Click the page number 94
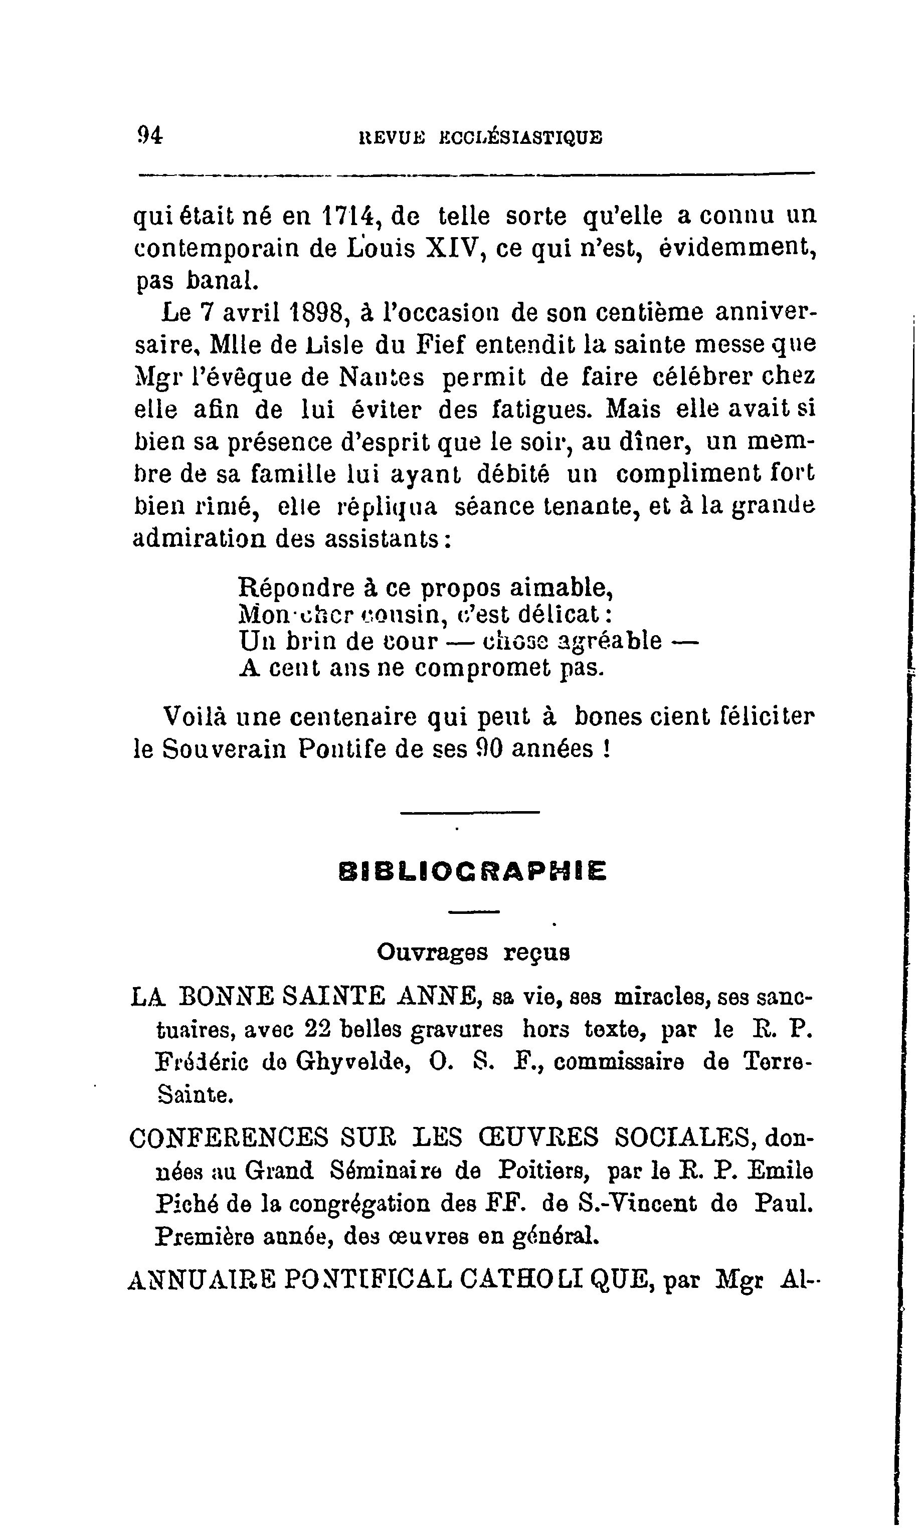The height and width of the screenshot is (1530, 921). coord(149,135)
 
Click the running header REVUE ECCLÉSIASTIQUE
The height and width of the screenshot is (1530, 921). coord(481,136)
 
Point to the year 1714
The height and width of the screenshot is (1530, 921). coord(349,217)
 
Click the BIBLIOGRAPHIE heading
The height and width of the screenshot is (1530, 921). coord(473,871)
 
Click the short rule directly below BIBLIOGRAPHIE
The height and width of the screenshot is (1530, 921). coord(473,911)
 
